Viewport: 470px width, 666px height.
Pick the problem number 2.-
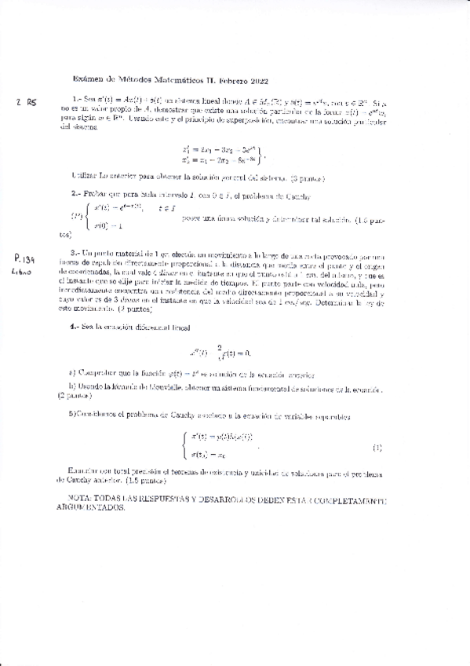tap(76, 193)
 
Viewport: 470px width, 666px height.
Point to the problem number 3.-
tap(76, 253)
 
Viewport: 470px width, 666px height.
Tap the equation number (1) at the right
tap(377, 448)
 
